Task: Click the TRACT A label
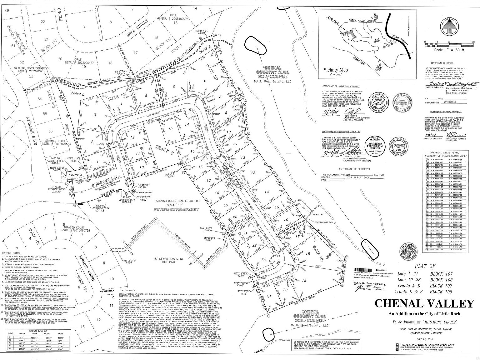(x=74, y=175)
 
